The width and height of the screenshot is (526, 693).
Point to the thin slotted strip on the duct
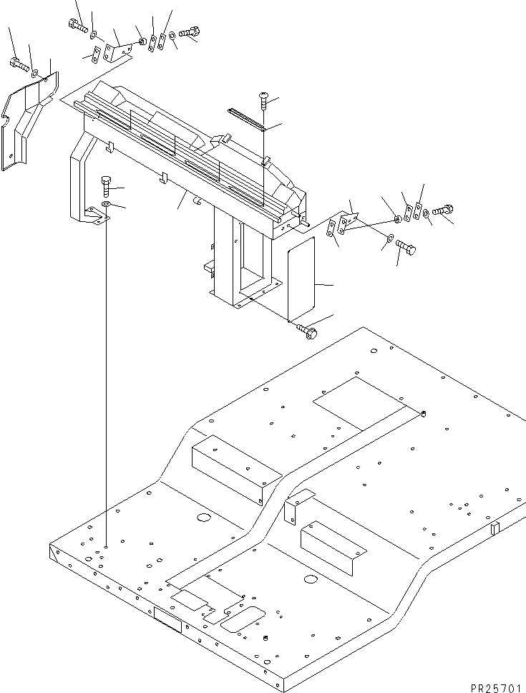point(248,119)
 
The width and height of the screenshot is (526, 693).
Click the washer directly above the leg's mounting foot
point(106,205)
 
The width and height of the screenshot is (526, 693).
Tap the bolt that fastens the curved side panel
point(18,64)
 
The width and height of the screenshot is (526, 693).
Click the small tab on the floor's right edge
point(495,528)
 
